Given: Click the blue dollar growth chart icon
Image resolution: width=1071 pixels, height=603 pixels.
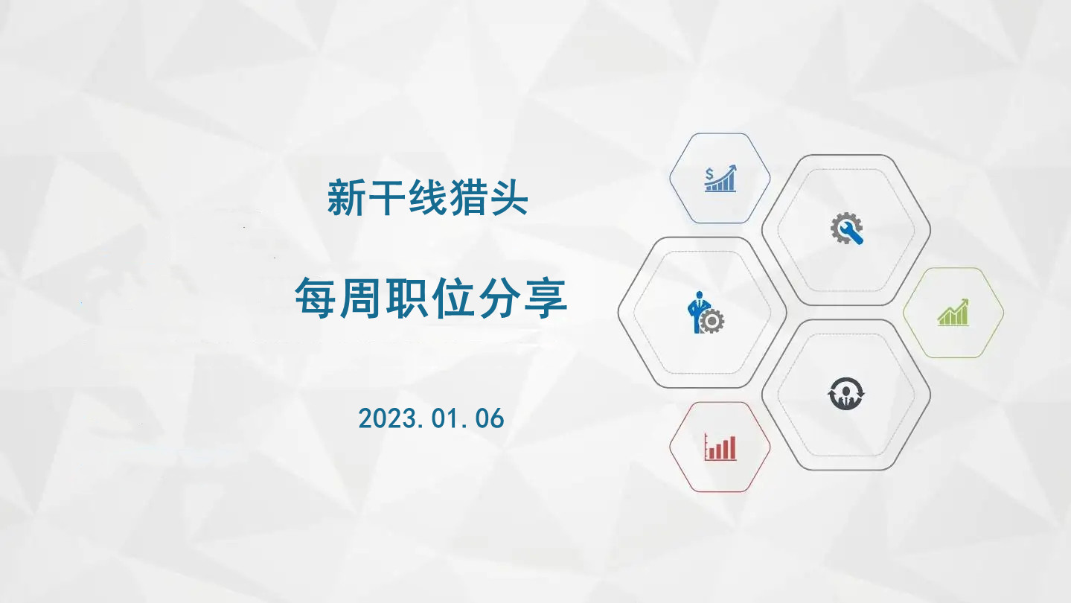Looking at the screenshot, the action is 720,179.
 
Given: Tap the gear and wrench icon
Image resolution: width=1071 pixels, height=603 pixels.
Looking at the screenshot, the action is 847,229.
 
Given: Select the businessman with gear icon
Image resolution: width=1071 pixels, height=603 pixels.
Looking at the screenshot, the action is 706,312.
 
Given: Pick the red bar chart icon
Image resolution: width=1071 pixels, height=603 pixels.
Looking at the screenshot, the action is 720,447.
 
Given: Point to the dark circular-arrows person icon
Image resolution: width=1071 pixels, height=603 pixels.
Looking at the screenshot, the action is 845,394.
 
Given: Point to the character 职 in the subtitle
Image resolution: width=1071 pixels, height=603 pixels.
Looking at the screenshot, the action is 407,299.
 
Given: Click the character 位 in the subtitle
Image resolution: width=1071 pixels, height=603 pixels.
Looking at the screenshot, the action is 453,299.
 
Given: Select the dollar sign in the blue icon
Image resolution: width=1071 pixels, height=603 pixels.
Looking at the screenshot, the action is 709,173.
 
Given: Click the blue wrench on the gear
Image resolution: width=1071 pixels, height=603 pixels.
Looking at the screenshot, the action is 852,233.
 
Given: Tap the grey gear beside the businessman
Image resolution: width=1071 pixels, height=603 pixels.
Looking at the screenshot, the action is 712,322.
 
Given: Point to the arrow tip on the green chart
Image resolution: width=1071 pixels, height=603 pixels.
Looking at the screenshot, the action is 968,300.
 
